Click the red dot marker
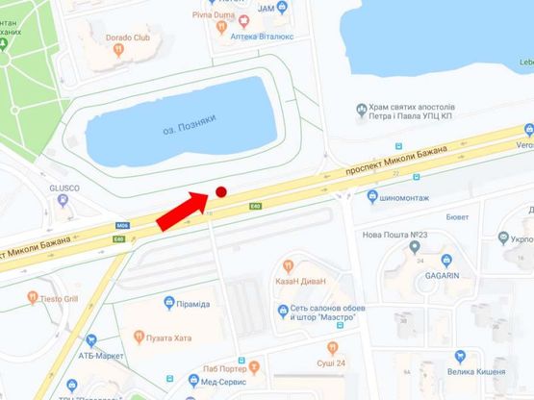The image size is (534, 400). [220, 192]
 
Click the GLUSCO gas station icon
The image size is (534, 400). [63, 201]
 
